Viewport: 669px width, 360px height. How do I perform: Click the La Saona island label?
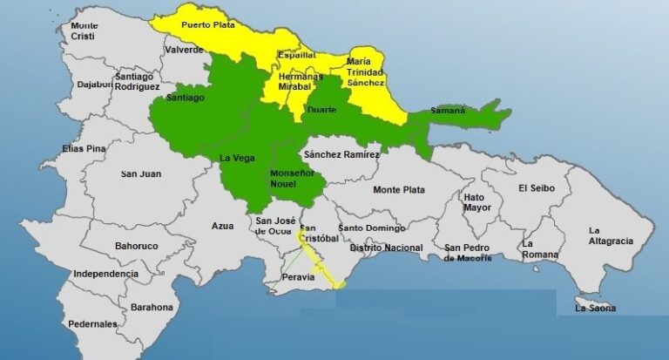coord(596,308)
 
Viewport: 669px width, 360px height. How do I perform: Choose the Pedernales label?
coord(92,323)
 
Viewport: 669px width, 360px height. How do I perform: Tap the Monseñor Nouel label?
coord(271,179)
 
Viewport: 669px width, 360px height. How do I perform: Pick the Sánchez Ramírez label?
coord(341,154)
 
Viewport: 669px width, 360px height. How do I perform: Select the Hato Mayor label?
coord(476,202)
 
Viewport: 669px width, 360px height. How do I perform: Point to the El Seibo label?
coord(537,187)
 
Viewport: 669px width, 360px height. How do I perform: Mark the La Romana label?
coord(541,248)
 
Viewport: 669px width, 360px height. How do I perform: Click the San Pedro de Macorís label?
coord(467,253)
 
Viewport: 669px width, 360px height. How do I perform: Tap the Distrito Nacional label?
coord(386,248)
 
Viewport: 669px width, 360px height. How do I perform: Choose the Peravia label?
coord(296,279)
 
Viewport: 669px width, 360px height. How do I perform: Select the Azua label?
coord(223,226)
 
